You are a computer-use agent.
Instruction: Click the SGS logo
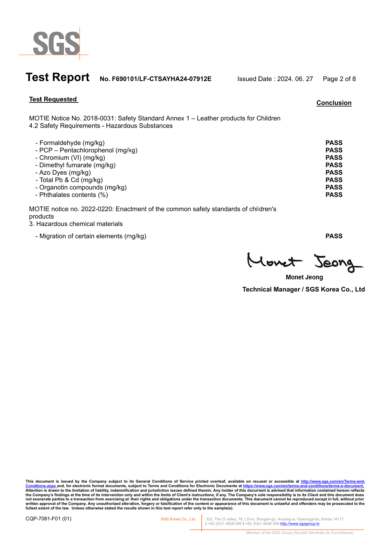pyautogui.click(x=56, y=43)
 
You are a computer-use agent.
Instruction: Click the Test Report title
pyautogui.click(x=58, y=77)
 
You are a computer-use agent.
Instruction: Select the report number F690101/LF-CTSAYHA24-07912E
pyautogui.click(x=155, y=79)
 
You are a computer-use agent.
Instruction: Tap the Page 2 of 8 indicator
pyautogui.click(x=339, y=79)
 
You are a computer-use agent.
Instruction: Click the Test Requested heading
pyautogui.click(x=53, y=99)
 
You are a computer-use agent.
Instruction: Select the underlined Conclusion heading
pyautogui.click(x=334, y=103)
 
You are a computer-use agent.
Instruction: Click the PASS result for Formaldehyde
pyautogui.click(x=334, y=143)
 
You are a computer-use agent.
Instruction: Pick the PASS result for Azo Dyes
pyautogui.click(x=334, y=172)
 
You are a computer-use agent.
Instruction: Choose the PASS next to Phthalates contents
pyautogui.click(x=334, y=195)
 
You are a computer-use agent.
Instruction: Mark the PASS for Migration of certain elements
pyautogui.click(x=334, y=236)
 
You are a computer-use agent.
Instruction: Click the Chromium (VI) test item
pyautogui.click(x=70, y=158)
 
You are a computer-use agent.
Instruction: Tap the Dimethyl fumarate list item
pyautogui.click(x=76, y=165)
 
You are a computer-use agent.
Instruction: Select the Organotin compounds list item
pyautogui.click(x=81, y=187)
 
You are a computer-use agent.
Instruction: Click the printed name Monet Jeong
pyautogui.click(x=304, y=277)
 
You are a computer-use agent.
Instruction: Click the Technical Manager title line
pyautogui.click(x=304, y=289)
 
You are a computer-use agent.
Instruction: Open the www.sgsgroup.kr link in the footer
pyautogui.click(x=300, y=524)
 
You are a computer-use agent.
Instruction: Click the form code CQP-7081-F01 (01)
pyautogui.click(x=48, y=519)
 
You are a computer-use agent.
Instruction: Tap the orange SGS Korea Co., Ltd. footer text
pyautogui.click(x=178, y=519)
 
